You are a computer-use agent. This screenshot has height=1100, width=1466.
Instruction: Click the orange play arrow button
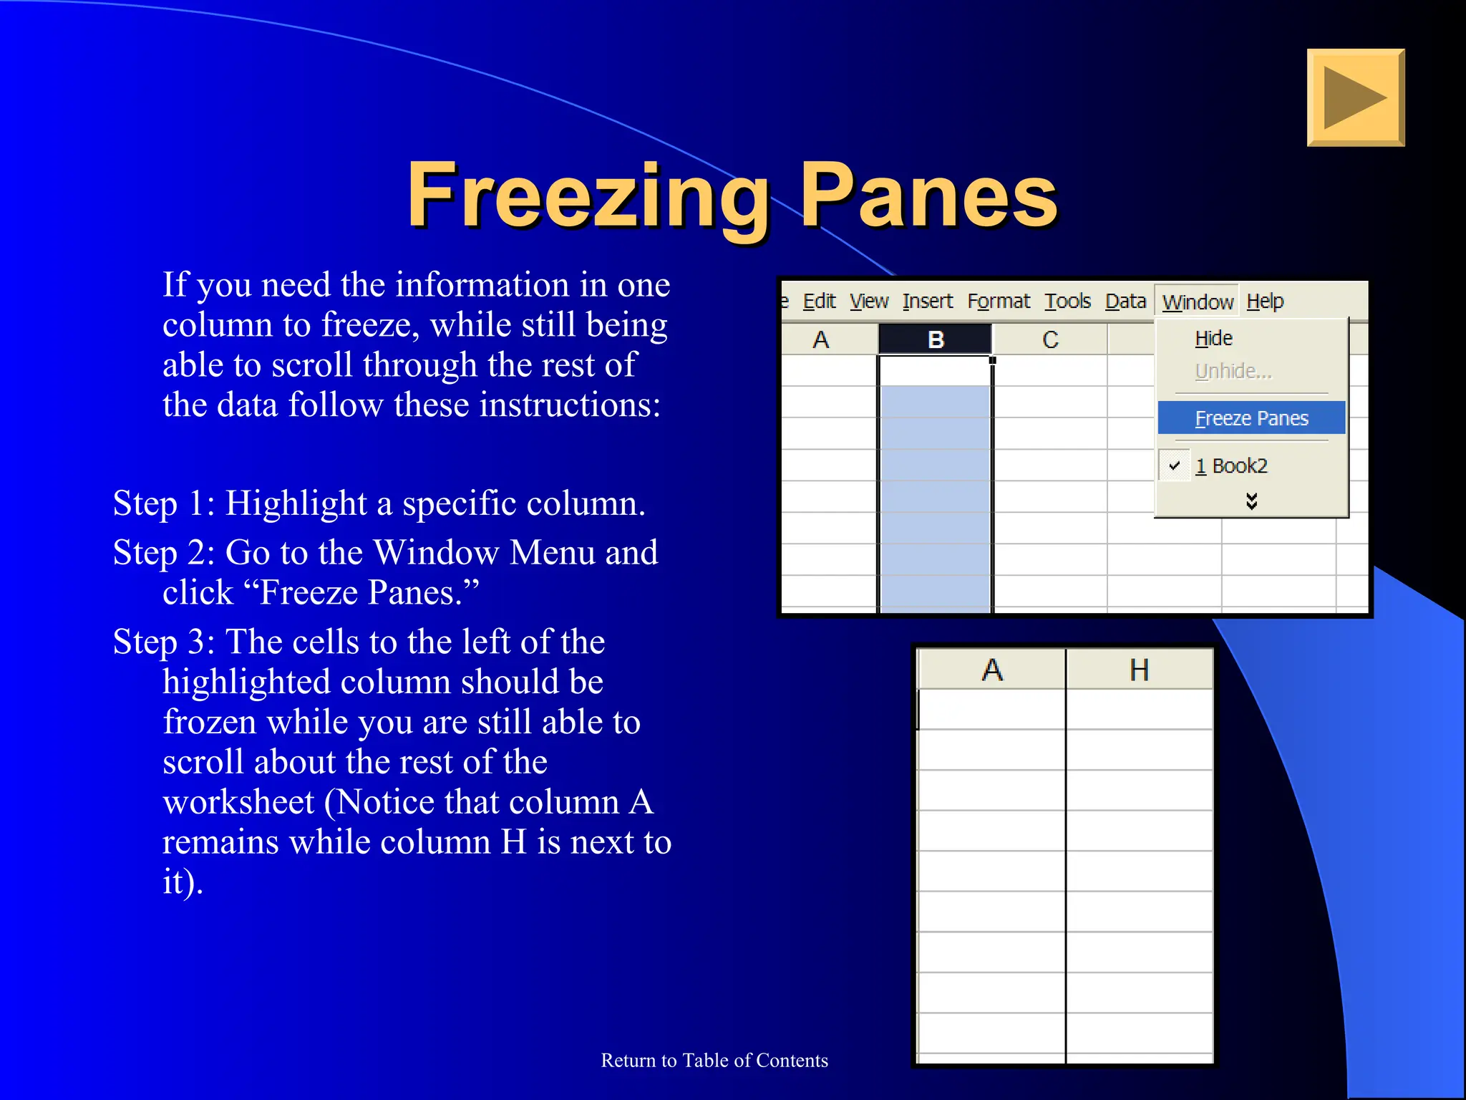tap(1355, 97)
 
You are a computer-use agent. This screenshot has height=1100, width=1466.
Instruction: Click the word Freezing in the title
tap(587, 196)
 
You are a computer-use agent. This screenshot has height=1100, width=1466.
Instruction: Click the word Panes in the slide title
tap(928, 196)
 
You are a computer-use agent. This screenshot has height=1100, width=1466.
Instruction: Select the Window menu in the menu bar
tap(1197, 302)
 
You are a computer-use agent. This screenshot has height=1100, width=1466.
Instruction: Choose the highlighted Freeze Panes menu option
tap(1251, 418)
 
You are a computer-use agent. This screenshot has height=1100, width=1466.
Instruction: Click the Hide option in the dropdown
tap(1213, 338)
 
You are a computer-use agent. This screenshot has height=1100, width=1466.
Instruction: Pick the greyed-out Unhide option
tap(1233, 371)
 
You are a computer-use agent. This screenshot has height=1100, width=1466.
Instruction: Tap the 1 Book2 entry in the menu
tap(1231, 466)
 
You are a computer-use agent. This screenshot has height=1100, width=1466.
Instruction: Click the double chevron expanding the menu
tap(1251, 501)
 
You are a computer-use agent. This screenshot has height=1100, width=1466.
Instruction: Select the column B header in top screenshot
tap(935, 339)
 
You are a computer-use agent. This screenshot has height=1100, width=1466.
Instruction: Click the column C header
tap(1049, 339)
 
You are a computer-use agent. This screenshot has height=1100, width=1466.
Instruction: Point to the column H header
tap(1139, 670)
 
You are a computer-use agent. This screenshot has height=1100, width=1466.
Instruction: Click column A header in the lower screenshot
tap(991, 670)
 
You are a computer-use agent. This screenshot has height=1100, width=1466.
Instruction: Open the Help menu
tap(1265, 301)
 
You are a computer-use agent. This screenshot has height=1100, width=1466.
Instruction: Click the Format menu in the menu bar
tap(998, 301)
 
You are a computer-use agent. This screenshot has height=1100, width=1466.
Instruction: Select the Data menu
tap(1125, 301)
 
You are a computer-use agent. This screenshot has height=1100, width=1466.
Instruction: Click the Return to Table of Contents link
tap(714, 1060)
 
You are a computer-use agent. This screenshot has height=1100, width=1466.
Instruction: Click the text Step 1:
tap(164, 503)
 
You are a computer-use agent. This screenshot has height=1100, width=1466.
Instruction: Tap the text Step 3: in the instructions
tap(164, 642)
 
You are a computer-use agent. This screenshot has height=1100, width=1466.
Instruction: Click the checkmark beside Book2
tap(1174, 465)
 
